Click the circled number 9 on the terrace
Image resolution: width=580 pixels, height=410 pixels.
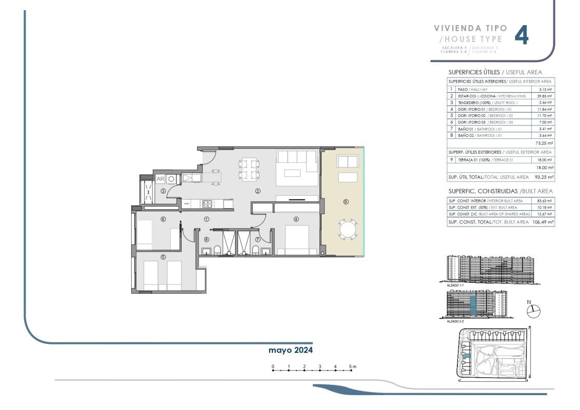pyautogui.click(x=346, y=202)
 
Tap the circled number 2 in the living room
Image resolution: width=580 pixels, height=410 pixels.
pyautogui.click(x=258, y=191)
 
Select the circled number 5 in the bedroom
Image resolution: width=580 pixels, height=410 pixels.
pyautogui.click(x=163, y=257)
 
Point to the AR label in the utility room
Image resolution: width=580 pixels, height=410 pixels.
pyautogui.click(x=160, y=179)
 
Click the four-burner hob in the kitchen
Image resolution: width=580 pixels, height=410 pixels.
pyautogui.click(x=207, y=203)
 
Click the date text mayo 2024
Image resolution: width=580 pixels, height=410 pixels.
pyautogui.click(x=290, y=350)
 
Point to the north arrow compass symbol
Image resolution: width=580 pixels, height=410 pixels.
pyautogui.click(x=533, y=310)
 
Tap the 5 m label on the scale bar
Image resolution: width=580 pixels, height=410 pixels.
pyautogui.click(x=353, y=366)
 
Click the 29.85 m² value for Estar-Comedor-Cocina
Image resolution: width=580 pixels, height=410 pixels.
pyautogui.click(x=544, y=96)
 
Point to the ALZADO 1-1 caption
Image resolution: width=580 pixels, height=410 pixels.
pyautogui.click(x=456, y=283)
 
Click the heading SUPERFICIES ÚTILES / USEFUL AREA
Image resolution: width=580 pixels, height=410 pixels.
pyautogui.click(x=495, y=72)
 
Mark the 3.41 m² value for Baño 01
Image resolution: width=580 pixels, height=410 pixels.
pyautogui.click(x=544, y=129)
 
